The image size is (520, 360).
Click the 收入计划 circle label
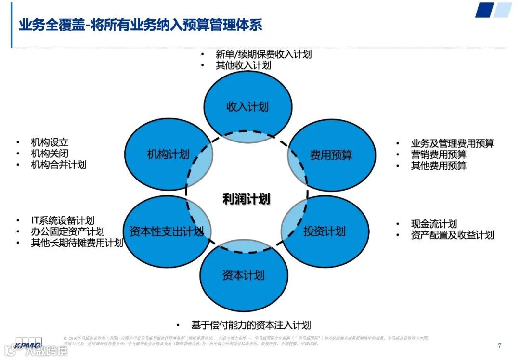pos(247,107)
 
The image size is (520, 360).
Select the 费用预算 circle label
pos(331,155)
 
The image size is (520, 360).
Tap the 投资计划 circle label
pos(325,231)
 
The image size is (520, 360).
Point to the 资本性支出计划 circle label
pos(167,231)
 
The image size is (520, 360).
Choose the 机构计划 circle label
pos(168,154)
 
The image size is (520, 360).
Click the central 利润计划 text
pos(246,199)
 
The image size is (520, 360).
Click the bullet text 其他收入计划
pos(243,65)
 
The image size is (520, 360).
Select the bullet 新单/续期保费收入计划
pos(263,54)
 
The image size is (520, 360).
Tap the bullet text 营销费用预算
pos(439,154)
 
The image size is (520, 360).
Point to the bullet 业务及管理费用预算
pos(452,143)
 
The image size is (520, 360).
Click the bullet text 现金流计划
pos(434,224)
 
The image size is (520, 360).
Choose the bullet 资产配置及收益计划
pos(452,235)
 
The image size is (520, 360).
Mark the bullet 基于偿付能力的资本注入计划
pos(251,325)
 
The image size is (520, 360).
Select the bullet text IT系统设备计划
pos(63,220)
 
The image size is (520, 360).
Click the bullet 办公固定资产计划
pos(68,231)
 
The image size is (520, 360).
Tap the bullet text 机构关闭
pos(46,154)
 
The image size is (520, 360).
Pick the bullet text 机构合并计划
pos(58,165)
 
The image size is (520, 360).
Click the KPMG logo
pos(28,345)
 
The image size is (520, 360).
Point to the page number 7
pos(499,345)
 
